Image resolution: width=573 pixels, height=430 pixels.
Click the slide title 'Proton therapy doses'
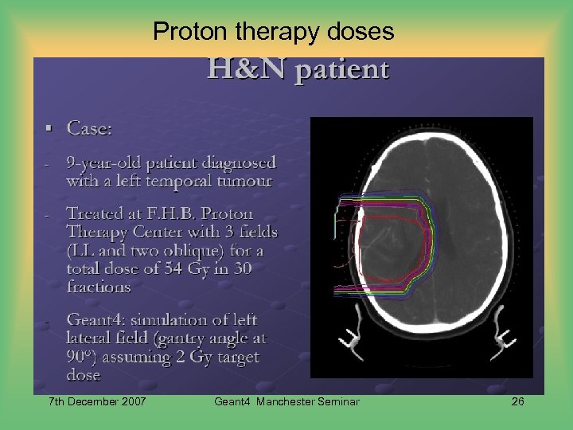273,31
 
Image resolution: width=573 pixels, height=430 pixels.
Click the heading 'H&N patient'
298,70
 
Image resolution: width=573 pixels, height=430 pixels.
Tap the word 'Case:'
89,128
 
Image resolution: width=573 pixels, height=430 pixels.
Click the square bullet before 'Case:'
49,127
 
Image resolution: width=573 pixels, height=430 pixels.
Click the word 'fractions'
99,287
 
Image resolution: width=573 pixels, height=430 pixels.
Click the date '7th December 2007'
97,401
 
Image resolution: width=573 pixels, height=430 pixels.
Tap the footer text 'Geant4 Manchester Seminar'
286,401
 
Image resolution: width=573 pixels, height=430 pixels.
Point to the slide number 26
517,401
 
